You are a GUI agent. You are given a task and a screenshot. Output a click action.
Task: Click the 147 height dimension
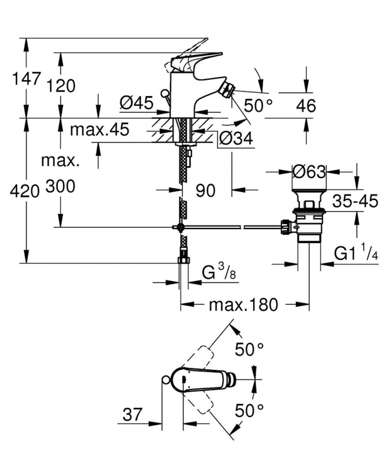[x=26, y=79]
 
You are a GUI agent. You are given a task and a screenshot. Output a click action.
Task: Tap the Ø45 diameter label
[x=136, y=103]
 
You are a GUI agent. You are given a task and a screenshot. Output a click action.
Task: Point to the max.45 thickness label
[x=100, y=130]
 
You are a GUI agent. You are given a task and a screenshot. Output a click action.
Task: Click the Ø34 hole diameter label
[x=235, y=138]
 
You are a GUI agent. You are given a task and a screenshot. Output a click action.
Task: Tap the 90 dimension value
[x=205, y=190]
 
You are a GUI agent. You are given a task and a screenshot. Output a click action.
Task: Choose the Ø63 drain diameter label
[x=309, y=172]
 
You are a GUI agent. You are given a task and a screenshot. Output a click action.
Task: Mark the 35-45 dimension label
[x=355, y=201]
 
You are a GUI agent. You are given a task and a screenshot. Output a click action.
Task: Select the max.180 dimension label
[x=243, y=305]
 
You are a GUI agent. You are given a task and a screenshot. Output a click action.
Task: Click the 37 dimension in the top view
[x=132, y=414]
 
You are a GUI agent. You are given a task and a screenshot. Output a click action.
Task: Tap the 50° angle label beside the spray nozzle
[x=258, y=106]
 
